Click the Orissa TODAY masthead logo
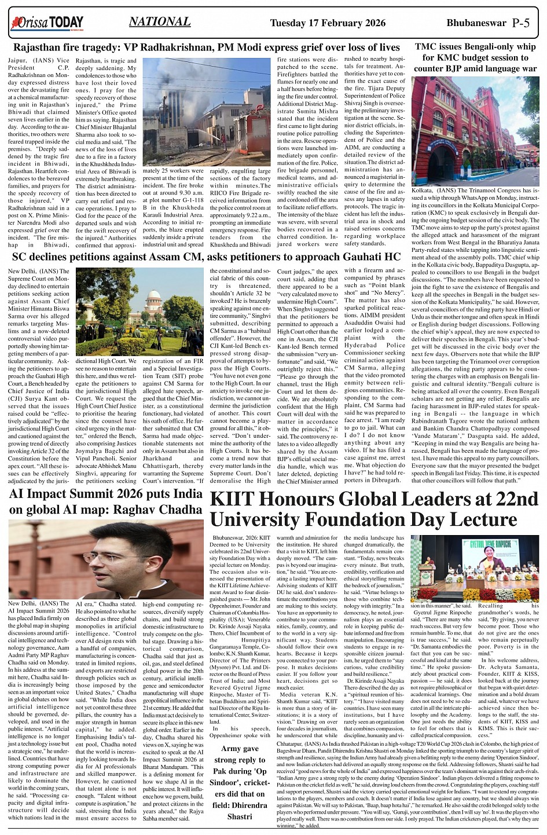[46, 23]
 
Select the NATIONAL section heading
[160, 22]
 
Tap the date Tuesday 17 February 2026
[328, 23]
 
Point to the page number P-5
[521, 23]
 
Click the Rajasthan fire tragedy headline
[206, 47]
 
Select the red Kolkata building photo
[475, 130]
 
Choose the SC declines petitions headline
[206, 257]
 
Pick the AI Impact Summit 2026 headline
[106, 501]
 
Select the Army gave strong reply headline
[240, 782]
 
